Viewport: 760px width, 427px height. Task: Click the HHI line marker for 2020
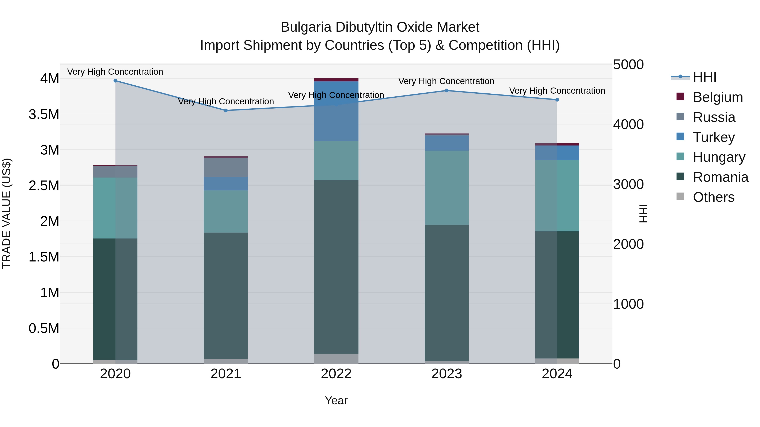click(x=115, y=81)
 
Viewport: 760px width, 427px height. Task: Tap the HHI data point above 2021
click(x=226, y=110)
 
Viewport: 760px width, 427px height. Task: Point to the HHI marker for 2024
click(x=557, y=100)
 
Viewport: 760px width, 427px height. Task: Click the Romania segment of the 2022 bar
click(x=336, y=267)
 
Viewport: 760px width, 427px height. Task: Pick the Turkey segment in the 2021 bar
click(x=226, y=184)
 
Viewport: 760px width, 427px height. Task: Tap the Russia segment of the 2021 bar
click(x=226, y=167)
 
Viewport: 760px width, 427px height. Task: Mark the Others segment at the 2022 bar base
click(x=336, y=359)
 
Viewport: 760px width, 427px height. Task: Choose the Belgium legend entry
click(x=718, y=97)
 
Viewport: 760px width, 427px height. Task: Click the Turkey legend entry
click(x=713, y=137)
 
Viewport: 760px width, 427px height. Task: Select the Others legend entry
click(x=713, y=197)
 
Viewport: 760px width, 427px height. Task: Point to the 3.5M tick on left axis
click(x=44, y=114)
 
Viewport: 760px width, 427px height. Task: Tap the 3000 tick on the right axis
click(x=628, y=185)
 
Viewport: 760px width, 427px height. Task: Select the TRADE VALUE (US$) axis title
click(x=7, y=213)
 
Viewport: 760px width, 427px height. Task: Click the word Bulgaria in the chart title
click(x=306, y=27)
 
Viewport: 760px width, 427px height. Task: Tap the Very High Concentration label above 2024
click(x=557, y=91)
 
